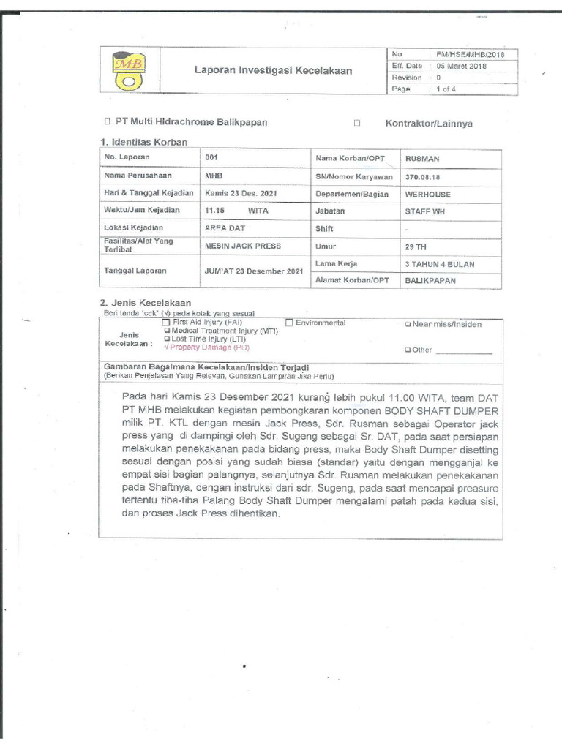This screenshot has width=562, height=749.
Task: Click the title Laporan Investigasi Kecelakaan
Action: pyautogui.click(x=273, y=71)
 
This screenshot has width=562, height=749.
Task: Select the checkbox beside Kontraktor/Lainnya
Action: pyautogui.click(x=357, y=123)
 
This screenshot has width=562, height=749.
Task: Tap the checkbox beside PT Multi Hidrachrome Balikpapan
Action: pyautogui.click(x=107, y=122)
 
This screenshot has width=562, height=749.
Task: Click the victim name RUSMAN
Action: pyautogui.click(x=422, y=158)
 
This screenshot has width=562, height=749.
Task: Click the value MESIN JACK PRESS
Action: pyautogui.click(x=243, y=246)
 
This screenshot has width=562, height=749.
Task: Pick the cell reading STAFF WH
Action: pyautogui.click(x=425, y=211)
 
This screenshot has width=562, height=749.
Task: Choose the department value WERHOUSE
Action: pyautogui.click(x=427, y=195)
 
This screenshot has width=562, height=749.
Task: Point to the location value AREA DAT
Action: pyautogui.click(x=225, y=228)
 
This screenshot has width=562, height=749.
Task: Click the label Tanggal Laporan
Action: pyautogui.click(x=135, y=271)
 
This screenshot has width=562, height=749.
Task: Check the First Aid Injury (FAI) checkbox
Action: pyautogui.click(x=166, y=322)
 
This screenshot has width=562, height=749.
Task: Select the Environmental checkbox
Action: pyautogui.click(x=290, y=322)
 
